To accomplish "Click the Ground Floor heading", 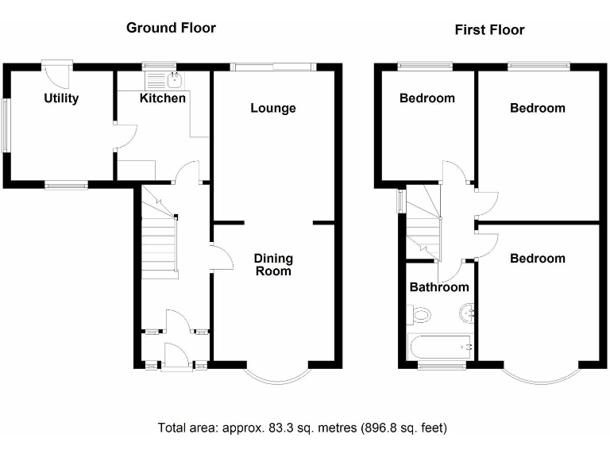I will [x=171, y=28].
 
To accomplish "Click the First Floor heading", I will [x=489, y=30].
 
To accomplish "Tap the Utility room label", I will [x=61, y=98].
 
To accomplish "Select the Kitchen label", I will [x=163, y=98].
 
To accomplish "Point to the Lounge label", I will [x=273, y=108].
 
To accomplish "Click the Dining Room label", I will [x=273, y=264].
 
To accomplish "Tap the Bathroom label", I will [x=438, y=287].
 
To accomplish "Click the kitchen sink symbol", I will [x=176, y=79].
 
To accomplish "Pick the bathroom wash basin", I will [x=466, y=315].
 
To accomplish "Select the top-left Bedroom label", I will [x=427, y=98].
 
